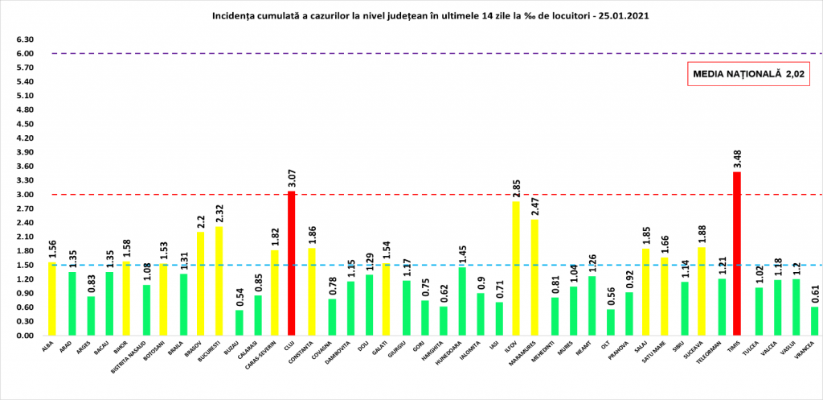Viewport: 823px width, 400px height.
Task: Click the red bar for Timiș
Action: point(736,254)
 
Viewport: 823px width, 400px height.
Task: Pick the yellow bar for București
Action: point(219,281)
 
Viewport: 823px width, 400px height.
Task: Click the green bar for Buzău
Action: point(239,323)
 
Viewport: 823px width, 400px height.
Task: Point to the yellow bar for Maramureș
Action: point(534,278)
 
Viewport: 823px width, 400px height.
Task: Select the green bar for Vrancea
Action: point(813,321)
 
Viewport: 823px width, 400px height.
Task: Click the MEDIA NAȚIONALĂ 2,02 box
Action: point(748,74)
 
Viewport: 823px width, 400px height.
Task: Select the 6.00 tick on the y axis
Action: point(24,54)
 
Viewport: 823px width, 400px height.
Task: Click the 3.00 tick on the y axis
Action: point(24,195)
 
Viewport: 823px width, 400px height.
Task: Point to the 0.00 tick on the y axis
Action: point(24,336)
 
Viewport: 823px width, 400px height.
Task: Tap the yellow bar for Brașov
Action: point(200,284)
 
